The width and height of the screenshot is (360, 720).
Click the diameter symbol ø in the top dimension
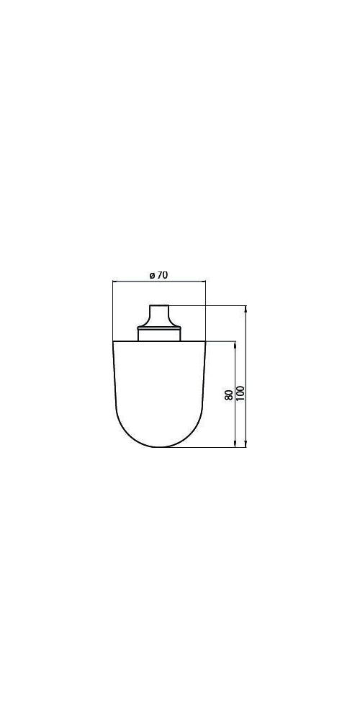(152, 276)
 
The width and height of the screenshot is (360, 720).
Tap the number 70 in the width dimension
(161, 276)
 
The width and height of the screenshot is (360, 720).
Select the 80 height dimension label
(229, 395)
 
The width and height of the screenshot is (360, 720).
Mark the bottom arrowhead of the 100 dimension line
(246, 444)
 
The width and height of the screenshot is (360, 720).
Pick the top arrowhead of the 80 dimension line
(235, 344)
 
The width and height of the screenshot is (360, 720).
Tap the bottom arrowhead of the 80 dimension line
(235, 444)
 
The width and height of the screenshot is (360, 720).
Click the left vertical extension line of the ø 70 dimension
(113, 310)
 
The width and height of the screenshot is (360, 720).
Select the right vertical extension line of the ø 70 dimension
(205, 310)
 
